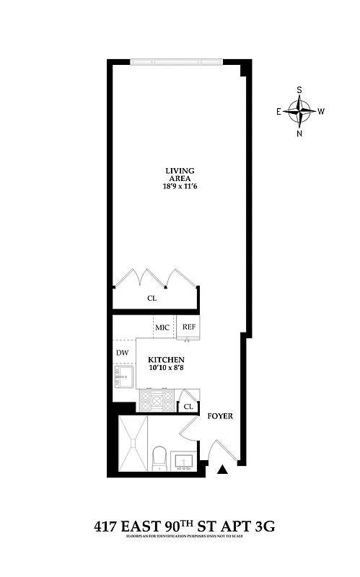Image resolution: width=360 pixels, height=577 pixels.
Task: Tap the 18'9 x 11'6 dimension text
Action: (179, 185)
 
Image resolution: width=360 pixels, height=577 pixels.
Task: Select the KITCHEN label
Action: (166, 359)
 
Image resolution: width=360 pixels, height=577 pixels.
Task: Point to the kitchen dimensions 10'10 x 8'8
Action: (166, 369)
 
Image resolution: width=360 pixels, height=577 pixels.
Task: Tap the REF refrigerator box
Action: (189, 327)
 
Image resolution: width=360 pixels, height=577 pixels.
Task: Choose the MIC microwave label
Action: (162, 327)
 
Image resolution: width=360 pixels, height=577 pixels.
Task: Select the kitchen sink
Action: (123, 376)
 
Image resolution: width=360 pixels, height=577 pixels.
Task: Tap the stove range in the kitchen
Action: (156, 399)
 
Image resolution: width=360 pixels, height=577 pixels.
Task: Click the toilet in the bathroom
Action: (160, 457)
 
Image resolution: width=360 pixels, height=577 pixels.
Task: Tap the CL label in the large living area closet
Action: (152, 297)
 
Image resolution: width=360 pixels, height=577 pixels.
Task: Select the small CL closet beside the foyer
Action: (188, 407)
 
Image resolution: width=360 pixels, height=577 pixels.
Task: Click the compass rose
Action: (299, 111)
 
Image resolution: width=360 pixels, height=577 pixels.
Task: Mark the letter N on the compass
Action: (299, 133)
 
